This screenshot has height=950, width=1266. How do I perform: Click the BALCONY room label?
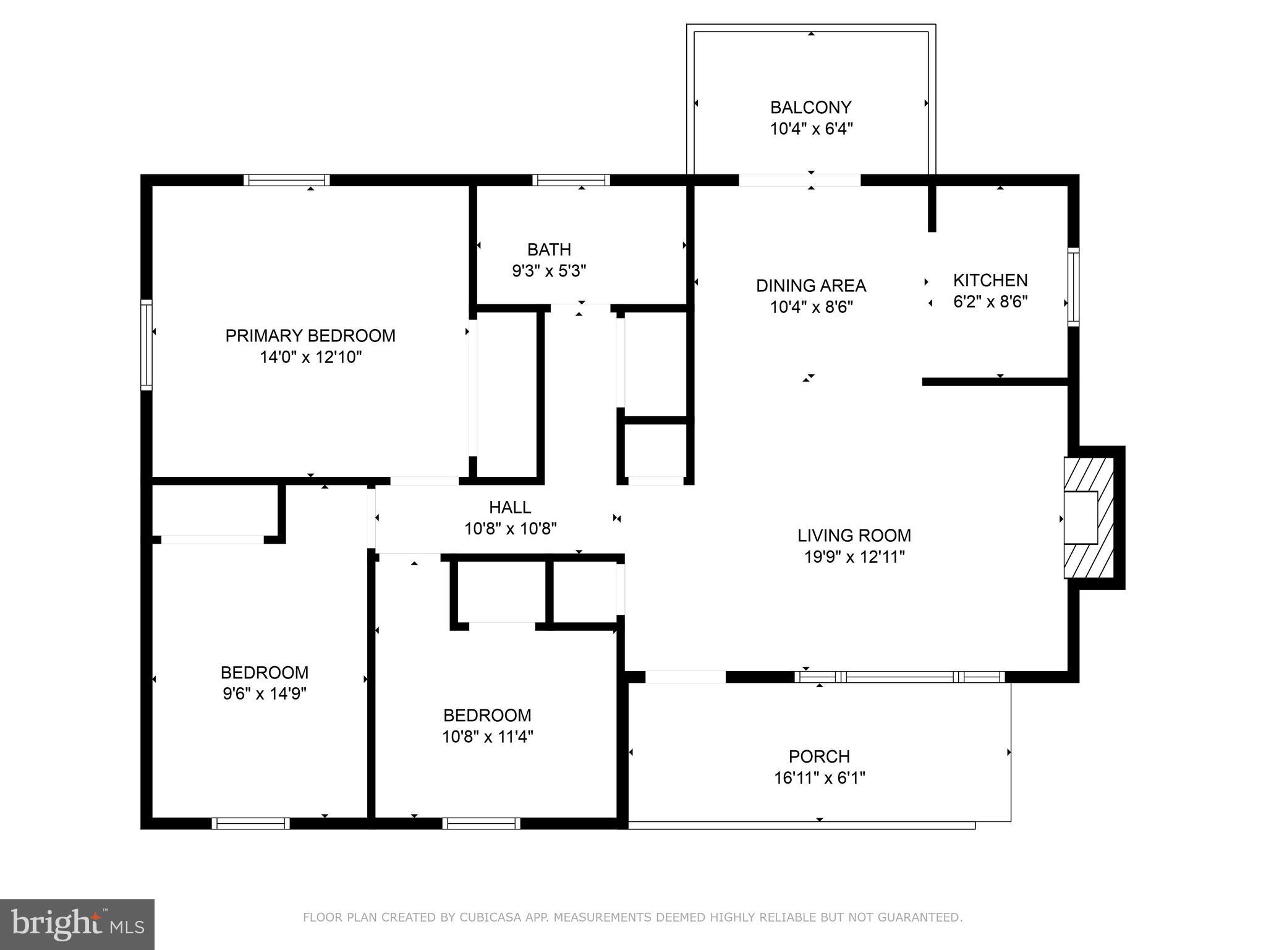click(x=810, y=108)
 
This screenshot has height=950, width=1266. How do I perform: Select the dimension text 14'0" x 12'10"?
click(x=310, y=357)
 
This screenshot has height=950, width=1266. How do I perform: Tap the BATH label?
click(x=549, y=250)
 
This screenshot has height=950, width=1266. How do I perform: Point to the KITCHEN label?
click(x=990, y=281)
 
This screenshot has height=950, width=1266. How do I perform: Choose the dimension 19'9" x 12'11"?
click(x=854, y=557)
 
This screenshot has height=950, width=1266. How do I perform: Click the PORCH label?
click(x=819, y=756)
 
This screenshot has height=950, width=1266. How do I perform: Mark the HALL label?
click(x=510, y=508)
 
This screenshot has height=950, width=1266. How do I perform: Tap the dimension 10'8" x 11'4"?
click(x=487, y=737)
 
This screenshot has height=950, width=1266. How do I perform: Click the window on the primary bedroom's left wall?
click(x=147, y=344)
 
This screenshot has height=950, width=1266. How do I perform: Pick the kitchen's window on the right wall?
click(x=1074, y=287)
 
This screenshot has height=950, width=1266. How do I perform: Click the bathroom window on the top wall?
click(x=571, y=180)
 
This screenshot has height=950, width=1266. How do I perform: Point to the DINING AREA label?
click(x=811, y=286)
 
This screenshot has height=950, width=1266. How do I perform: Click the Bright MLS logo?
click(x=77, y=924)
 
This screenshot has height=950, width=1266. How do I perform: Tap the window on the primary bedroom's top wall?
click(x=286, y=180)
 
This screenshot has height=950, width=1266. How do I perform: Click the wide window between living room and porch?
click(x=899, y=677)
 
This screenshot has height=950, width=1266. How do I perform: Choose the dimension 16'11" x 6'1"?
click(x=819, y=778)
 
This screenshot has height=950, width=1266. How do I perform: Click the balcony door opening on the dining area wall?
click(x=799, y=180)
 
